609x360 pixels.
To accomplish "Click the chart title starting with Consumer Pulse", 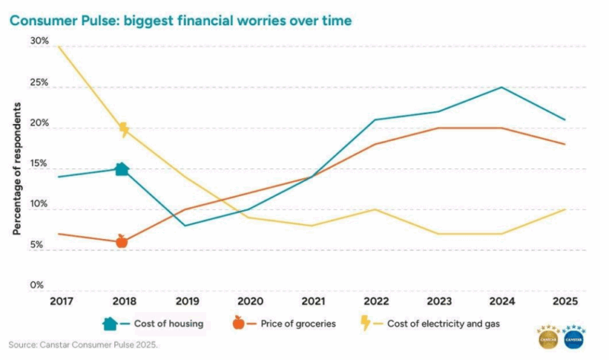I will tap(180, 21).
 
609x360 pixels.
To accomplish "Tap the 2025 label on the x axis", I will tap(564, 301).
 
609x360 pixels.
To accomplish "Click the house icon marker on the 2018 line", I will tap(122, 168).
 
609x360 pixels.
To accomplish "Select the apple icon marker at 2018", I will tap(122, 241).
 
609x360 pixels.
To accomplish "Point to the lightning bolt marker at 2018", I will tap(123, 129).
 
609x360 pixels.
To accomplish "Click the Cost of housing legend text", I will tap(168, 323).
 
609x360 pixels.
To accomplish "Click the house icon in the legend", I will tap(110, 323).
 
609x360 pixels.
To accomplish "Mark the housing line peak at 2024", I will tap(500, 87).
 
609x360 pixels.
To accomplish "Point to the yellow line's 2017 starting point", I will tap(58, 46).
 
